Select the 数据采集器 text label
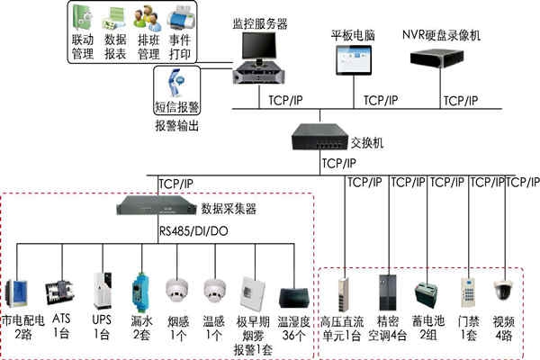229,209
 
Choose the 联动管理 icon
82,19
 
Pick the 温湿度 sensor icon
294,299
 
